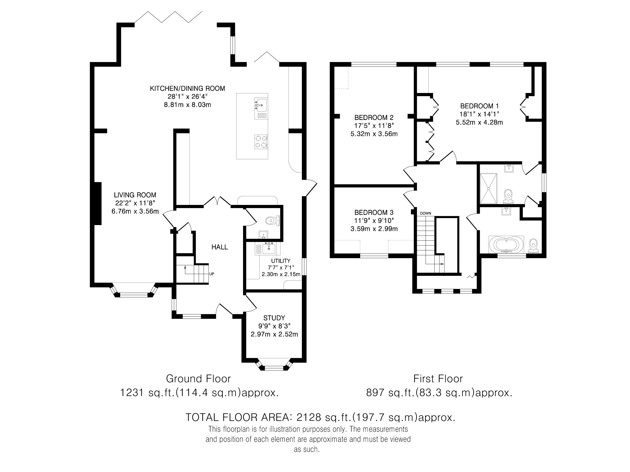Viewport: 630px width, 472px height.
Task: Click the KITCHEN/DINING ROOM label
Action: pyautogui.click(x=187, y=88)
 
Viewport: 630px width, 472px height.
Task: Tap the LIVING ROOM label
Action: pyautogui.click(x=135, y=195)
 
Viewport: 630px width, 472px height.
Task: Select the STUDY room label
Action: pyautogui.click(x=274, y=318)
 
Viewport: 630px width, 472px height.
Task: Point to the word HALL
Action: pyautogui.click(x=219, y=247)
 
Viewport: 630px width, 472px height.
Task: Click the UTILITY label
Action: pyautogui.click(x=281, y=261)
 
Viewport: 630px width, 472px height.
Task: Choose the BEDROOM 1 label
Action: pyautogui.click(x=479, y=106)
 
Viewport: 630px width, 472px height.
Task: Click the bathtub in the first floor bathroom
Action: pyautogui.click(x=506, y=244)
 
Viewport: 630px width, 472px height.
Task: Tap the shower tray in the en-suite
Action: pyautogui.click(x=489, y=188)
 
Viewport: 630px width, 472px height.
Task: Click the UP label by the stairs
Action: pyautogui.click(x=212, y=274)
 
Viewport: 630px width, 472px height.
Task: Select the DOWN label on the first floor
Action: pyautogui.click(x=426, y=213)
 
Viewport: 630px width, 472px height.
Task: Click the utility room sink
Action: pyautogui.click(x=268, y=248)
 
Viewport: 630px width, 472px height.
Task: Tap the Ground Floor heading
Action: pyautogui.click(x=198, y=379)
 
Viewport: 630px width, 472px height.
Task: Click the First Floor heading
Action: pyautogui.click(x=438, y=379)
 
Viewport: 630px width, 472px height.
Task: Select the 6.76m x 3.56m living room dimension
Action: pyautogui.click(x=135, y=211)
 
